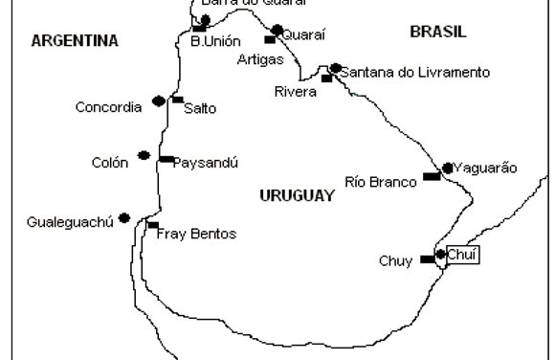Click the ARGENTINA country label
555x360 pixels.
(75, 40)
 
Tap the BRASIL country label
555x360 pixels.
(438, 32)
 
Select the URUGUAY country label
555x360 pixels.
(297, 195)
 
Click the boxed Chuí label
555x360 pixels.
(462, 255)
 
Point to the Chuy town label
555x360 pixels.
(394, 259)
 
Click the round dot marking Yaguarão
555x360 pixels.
(448, 168)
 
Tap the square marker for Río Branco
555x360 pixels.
(432, 177)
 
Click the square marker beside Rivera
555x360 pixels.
(326, 79)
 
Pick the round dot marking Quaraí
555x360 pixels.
(277, 30)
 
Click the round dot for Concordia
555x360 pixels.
(158, 101)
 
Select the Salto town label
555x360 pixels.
(200, 108)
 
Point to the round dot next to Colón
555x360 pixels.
(144, 155)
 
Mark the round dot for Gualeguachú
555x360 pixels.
(124, 218)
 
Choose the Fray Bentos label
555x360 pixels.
(196, 234)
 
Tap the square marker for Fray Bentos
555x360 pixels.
(152, 224)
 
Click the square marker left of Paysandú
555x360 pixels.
(166, 159)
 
